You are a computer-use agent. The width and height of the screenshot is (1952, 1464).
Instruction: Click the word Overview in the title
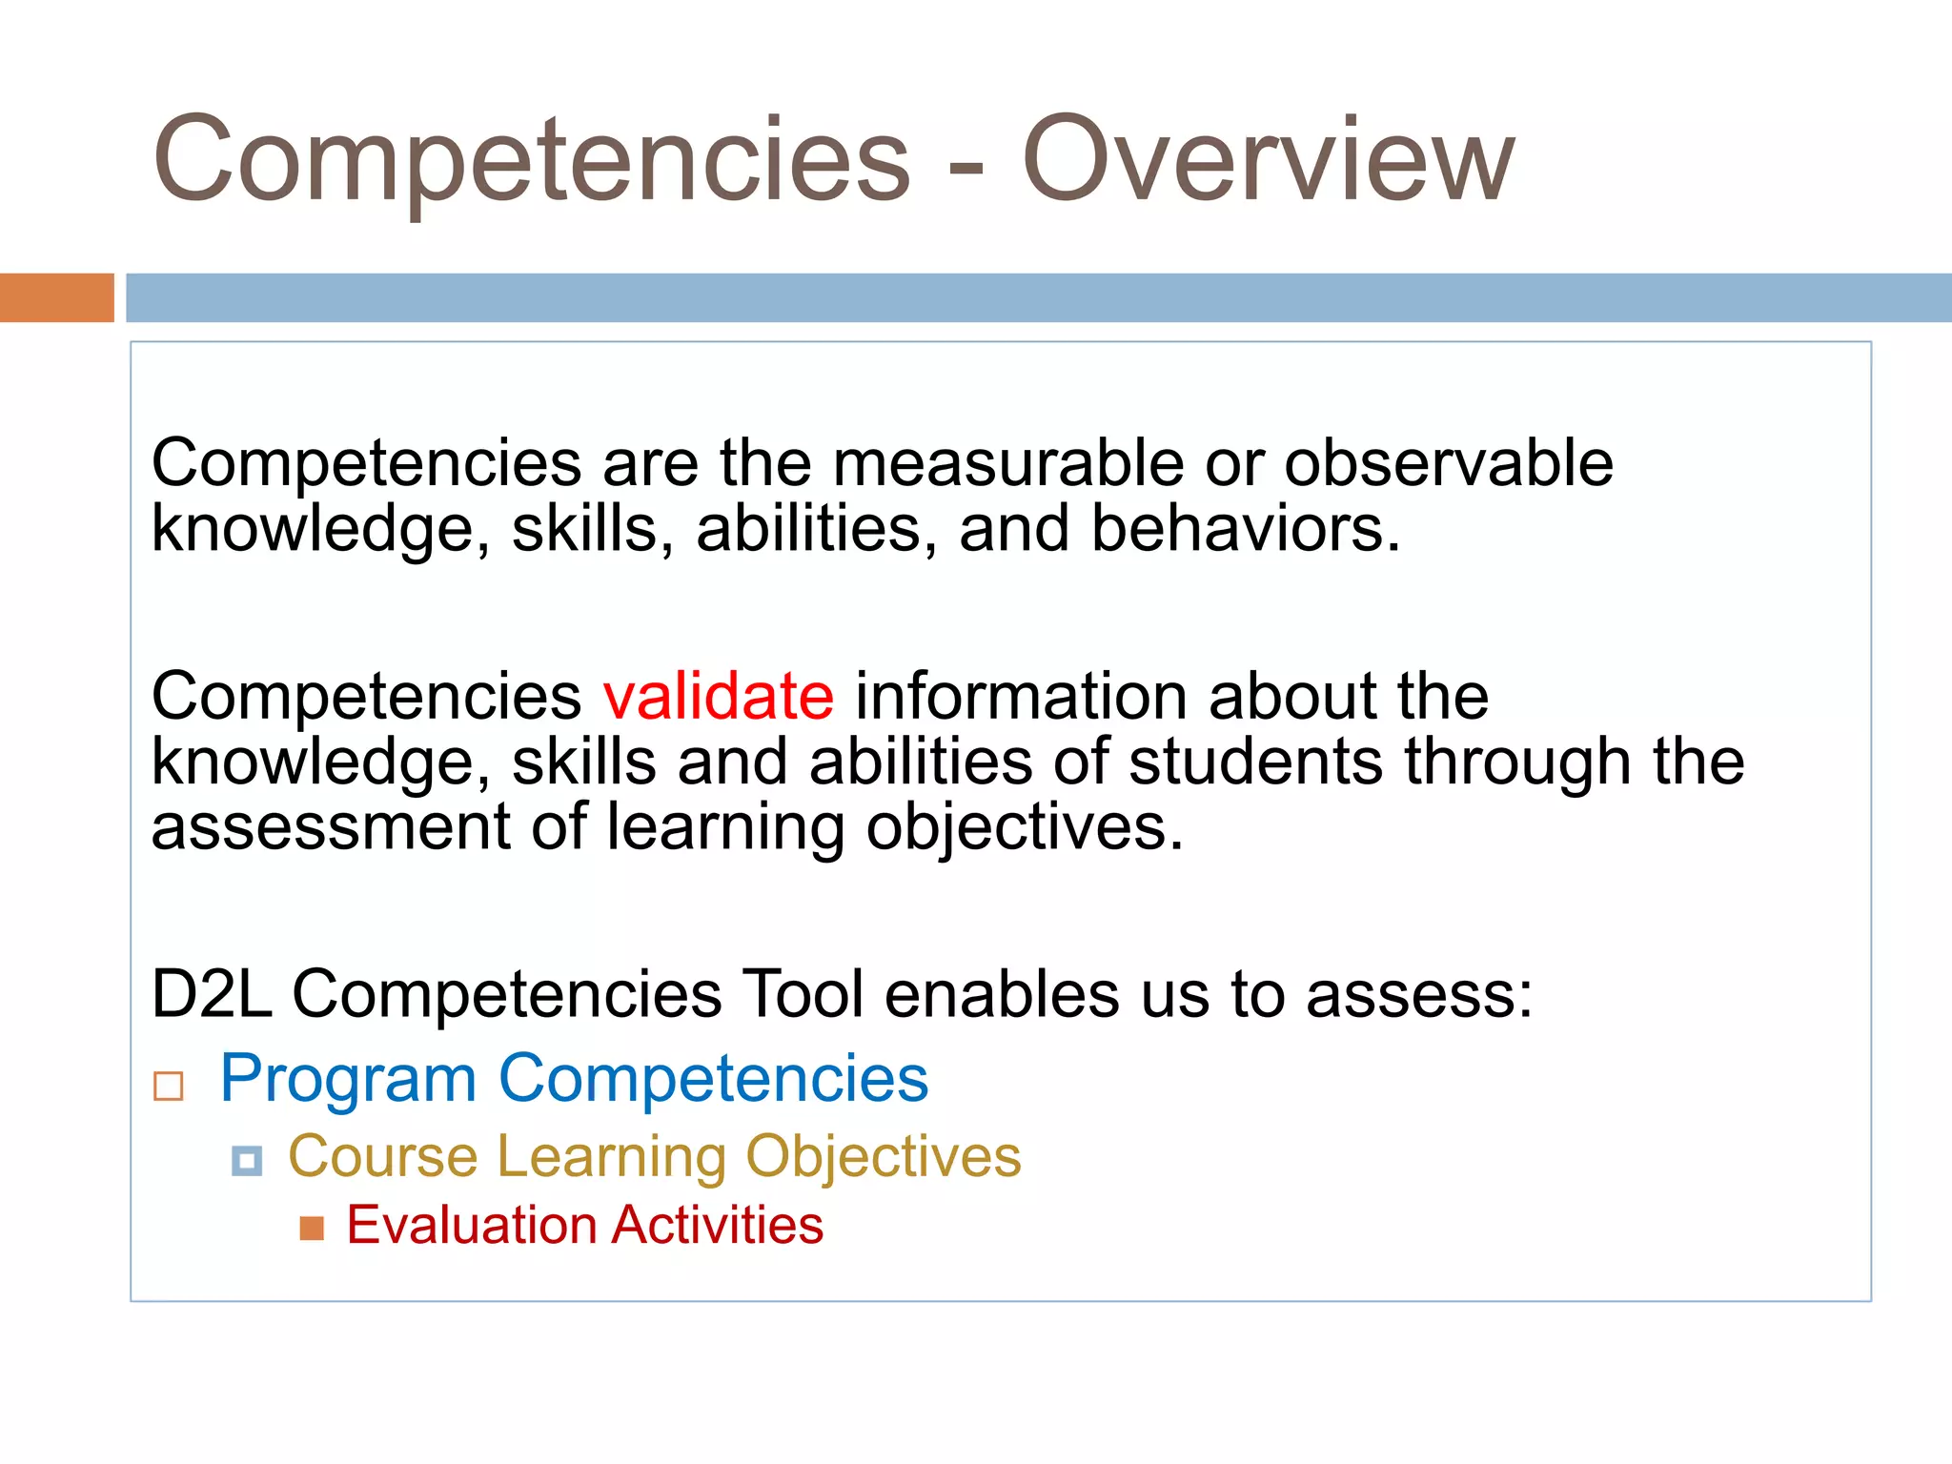tap(1268, 160)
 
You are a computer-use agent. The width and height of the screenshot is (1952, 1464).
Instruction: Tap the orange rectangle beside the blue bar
tap(56, 297)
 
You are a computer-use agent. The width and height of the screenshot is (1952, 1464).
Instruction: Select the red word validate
tap(719, 696)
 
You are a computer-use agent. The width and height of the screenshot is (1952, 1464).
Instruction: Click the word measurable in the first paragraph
tap(1007, 463)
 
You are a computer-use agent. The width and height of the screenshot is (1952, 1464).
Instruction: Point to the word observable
tap(1448, 463)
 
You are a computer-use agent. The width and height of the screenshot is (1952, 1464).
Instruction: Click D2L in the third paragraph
tap(212, 994)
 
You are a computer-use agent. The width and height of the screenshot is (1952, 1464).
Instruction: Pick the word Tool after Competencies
tap(803, 994)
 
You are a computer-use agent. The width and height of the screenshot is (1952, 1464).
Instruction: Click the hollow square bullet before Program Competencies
tap(169, 1086)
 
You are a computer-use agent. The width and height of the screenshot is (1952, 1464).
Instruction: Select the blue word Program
tap(348, 1079)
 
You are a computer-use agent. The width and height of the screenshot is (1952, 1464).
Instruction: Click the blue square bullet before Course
tap(247, 1161)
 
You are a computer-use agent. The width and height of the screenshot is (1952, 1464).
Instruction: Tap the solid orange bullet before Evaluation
tap(312, 1228)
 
